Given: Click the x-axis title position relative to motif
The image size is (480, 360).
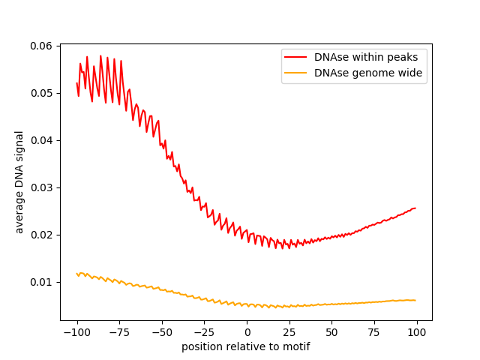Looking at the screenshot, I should pyautogui.click(x=246, y=346).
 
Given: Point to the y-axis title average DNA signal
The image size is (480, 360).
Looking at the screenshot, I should pyautogui.click(x=19, y=181).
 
